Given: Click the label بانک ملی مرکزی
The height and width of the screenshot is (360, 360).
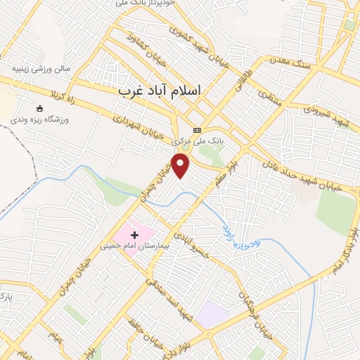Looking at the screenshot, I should tap(199, 141).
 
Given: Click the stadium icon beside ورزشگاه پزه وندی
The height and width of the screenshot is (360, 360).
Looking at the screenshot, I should tap(39, 108).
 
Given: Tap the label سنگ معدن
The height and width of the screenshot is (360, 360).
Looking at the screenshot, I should tap(292, 64).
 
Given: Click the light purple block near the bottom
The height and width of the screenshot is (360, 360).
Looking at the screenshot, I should tap(212, 314).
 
